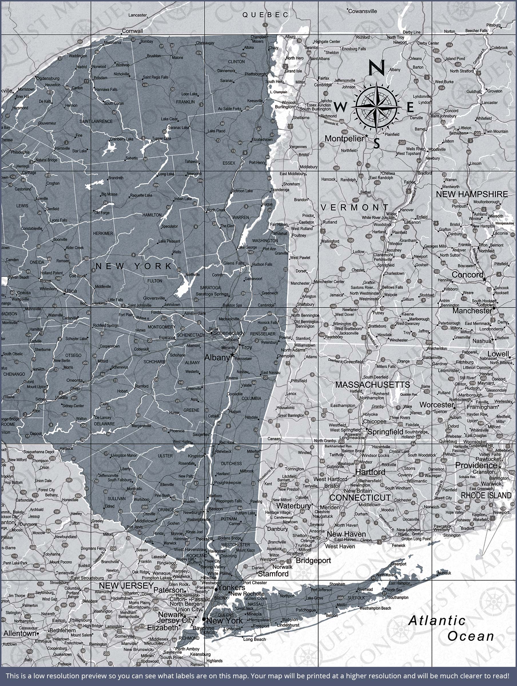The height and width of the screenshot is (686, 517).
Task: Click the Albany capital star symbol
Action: tap(232, 354)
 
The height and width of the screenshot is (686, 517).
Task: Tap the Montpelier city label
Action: tap(344, 139)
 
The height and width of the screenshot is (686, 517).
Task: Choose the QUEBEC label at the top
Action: tap(265, 15)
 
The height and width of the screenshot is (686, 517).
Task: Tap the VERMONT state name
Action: tap(355, 208)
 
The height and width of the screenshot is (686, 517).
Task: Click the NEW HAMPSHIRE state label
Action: tap(472, 194)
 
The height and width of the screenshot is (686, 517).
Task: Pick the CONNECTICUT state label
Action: tap(360, 498)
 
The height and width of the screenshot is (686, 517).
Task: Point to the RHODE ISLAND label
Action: tap(486, 496)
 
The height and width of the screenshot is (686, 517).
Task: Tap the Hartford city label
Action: tap(370, 472)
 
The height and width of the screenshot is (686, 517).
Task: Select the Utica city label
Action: tap(70, 291)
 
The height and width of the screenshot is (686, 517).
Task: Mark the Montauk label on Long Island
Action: tap(445, 573)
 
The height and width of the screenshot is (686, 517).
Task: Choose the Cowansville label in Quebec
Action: tap(363, 11)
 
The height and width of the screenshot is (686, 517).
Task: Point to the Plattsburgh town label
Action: tap(255, 74)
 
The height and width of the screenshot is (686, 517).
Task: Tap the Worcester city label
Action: tap(436, 405)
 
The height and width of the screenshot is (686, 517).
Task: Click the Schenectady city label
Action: tap(229, 333)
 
